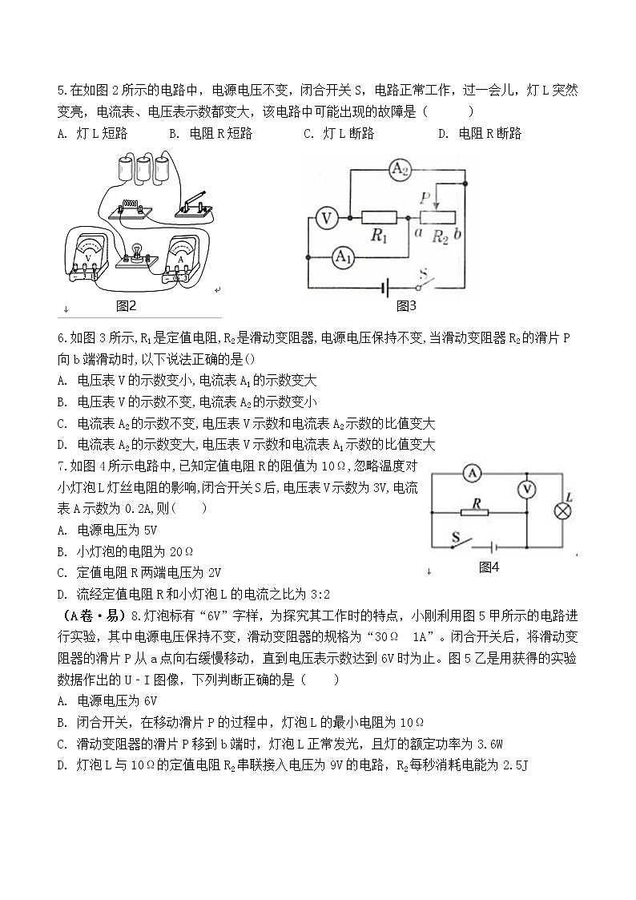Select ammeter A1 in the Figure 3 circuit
[342, 256]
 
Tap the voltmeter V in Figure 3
[325, 217]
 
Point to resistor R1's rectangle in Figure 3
[379, 217]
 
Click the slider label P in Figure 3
[425, 196]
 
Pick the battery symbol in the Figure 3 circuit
[387, 286]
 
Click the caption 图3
[406, 305]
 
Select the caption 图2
[127, 305]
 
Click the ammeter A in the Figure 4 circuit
[472, 474]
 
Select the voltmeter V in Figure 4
[526, 490]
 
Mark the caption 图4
[488, 567]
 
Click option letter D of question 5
[442, 134]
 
